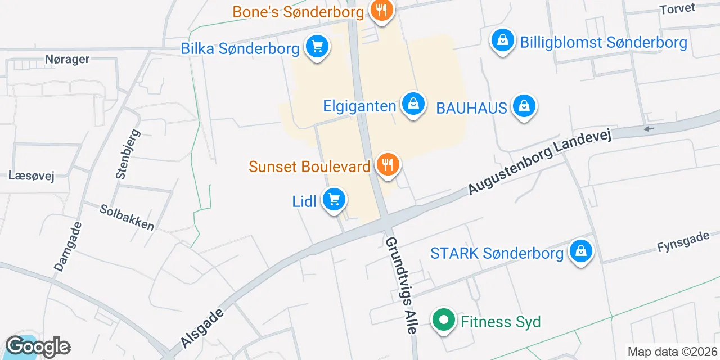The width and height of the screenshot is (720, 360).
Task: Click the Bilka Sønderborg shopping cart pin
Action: (x=317, y=46)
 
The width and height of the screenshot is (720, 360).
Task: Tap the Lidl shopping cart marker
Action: (x=334, y=199)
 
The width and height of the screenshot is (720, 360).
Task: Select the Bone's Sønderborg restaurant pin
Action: (x=382, y=10)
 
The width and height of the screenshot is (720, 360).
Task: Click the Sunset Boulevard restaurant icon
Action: (x=388, y=165)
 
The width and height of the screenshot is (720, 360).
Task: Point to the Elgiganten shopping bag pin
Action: (x=413, y=104)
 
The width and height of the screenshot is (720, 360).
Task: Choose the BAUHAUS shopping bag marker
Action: (x=524, y=105)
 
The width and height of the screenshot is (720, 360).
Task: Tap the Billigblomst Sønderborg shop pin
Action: (x=503, y=40)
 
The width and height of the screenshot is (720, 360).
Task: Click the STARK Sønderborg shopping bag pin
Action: (x=581, y=251)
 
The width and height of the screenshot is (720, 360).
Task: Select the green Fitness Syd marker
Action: (x=444, y=321)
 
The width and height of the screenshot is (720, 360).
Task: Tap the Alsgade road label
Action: (x=203, y=327)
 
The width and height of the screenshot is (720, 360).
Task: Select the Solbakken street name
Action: (x=127, y=217)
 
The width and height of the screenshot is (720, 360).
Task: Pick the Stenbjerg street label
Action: (x=128, y=154)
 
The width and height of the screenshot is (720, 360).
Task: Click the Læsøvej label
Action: (x=31, y=175)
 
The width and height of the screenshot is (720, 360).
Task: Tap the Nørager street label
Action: (x=67, y=58)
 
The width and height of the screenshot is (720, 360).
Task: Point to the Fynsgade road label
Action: (x=683, y=242)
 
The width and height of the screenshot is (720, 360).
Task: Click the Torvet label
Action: (x=677, y=9)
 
